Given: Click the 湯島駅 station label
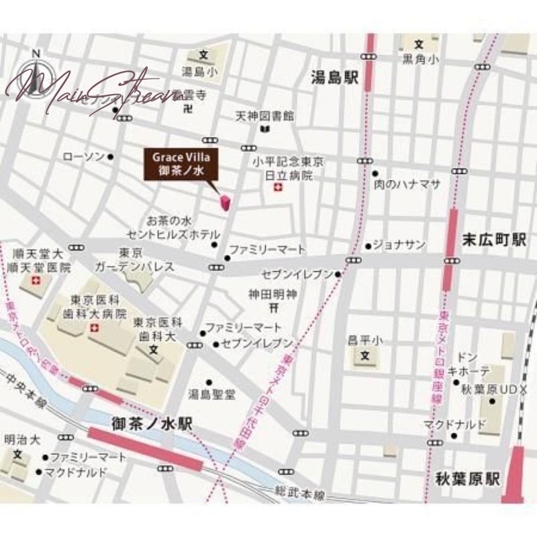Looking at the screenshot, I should [x=335, y=79].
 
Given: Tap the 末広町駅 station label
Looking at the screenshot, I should [x=494, y=240].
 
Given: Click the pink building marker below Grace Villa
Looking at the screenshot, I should [x=226, y=201].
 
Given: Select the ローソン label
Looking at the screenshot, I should [x=83, y=157].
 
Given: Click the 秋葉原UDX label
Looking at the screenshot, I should [x=495, y=389].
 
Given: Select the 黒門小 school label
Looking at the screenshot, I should [x=421, y=60].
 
